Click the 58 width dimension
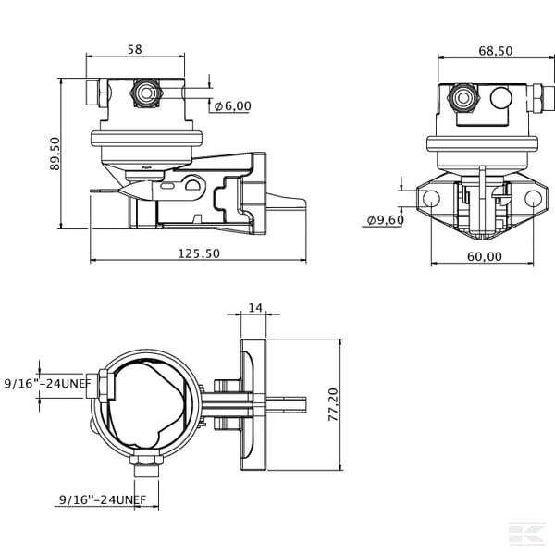click(135, 49)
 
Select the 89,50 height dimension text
click(55, 154)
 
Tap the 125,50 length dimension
click(199, 253)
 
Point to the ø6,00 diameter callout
click(232, 105)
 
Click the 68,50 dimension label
click(496, 51)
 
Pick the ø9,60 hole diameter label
click(385, 220)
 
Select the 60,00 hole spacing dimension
click(485, 256)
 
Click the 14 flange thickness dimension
click(255, 308)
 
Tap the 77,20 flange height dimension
click(333, 404)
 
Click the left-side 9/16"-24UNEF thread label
click(48, 383)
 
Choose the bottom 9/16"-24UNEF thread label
click(103, 499)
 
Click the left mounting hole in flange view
click(431, 199)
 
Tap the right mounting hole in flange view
click(533, 199)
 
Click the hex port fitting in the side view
click(146, 92)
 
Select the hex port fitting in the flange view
click(463, 98)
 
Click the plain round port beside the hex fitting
click(501, 98)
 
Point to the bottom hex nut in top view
click(146, 460)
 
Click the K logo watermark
click(526, 533)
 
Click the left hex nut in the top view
click(104, 386)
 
